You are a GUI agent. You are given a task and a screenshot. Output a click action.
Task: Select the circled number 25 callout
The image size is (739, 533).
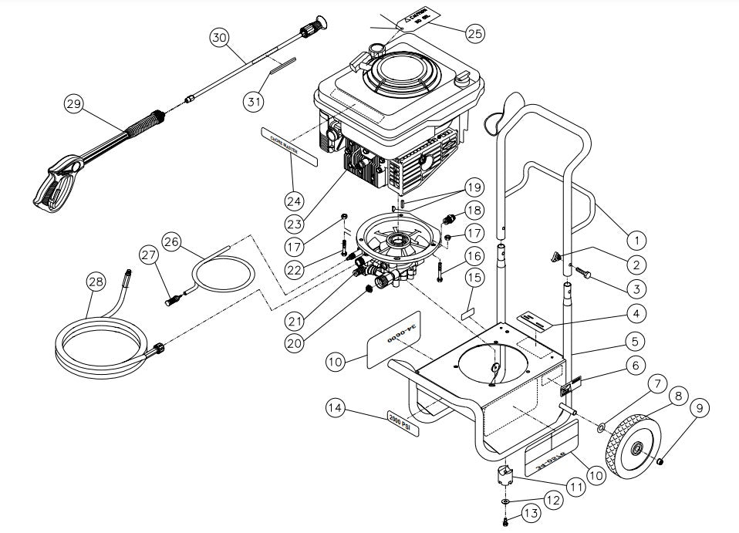(475, 32)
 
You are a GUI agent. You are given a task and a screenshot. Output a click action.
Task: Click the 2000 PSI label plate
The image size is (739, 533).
(400, 422)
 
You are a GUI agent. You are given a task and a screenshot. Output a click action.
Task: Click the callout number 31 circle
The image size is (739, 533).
(255, 101)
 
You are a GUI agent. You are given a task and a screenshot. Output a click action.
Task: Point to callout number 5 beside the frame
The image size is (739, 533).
(635, 339)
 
